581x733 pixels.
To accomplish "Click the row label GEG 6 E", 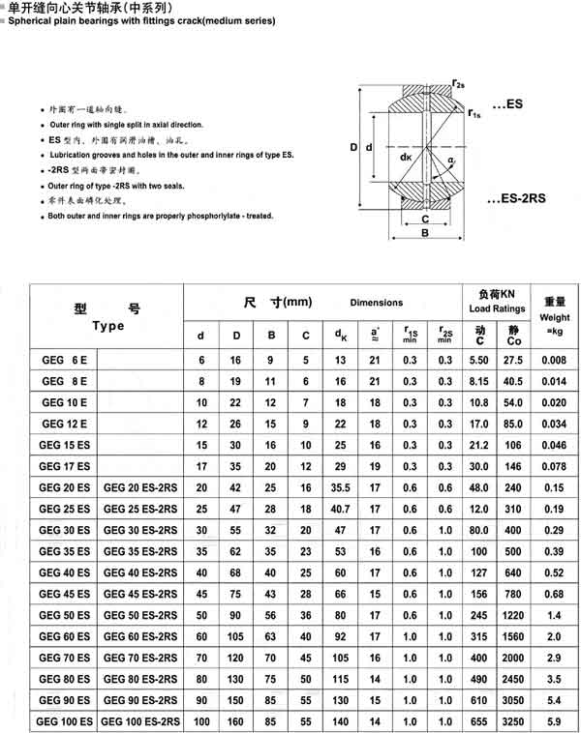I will (64, 361).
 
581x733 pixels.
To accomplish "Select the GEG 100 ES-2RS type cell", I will (140, 720).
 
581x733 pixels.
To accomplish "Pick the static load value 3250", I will (513, 720).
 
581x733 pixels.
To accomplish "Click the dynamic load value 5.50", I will (478, 361).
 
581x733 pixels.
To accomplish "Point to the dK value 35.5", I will (341, 486).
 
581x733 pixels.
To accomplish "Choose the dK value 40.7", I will (341, 508).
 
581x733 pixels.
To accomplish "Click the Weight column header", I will (555, 316).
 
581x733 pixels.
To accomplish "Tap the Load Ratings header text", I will (497, 309).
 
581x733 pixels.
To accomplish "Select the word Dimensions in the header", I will (376, 303).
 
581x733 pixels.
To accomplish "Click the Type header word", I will (108, 326).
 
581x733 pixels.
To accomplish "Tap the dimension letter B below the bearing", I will (424, 233).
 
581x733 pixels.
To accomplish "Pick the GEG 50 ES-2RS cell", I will (140, 616).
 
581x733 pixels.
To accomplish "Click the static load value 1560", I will (513, 636).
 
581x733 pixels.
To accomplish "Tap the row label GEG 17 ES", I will (64, 465).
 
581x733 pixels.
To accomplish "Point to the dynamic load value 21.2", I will (478, 444).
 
